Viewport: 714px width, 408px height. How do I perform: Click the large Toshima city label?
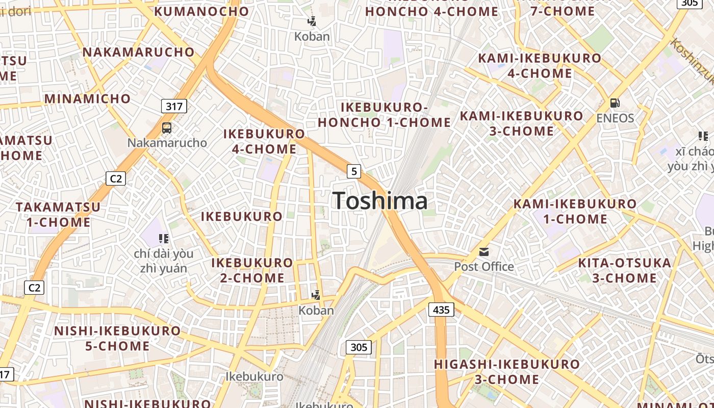pos(380,201)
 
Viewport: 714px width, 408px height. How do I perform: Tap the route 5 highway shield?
pos(353,171)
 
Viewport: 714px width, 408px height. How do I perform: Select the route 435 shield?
pos(441,309)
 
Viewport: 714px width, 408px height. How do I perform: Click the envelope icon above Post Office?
pos(483,252)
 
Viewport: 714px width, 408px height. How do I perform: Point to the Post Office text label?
pos(483,266)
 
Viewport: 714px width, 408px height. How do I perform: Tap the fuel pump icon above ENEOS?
pos(615,103)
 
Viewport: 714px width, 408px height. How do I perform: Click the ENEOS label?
pos(615,118)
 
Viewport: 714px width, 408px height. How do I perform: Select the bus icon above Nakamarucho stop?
pos(167,128)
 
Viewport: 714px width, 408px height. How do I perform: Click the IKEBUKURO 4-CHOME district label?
pos(264,141)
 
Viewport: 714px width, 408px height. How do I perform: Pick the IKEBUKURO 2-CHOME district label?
pos(252,270)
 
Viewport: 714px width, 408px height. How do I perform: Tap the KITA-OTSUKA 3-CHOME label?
pos(624,270)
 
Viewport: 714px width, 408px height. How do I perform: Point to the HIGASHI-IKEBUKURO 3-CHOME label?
pos(506,371)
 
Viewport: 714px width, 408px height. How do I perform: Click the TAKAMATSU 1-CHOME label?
pos(58,215)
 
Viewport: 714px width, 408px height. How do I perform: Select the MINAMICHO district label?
pos(88,98)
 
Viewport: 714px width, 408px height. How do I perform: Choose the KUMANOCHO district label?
pos(201,11)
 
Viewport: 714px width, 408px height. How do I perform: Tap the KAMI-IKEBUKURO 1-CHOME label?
pos(575,211)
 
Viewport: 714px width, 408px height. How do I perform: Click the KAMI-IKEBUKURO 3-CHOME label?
pos(521,123)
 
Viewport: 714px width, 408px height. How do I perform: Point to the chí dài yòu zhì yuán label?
pos(164,261)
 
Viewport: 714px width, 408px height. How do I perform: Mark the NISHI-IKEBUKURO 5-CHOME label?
pos(117,338)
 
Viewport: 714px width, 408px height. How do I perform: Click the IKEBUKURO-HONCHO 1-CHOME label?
pos(385,115)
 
